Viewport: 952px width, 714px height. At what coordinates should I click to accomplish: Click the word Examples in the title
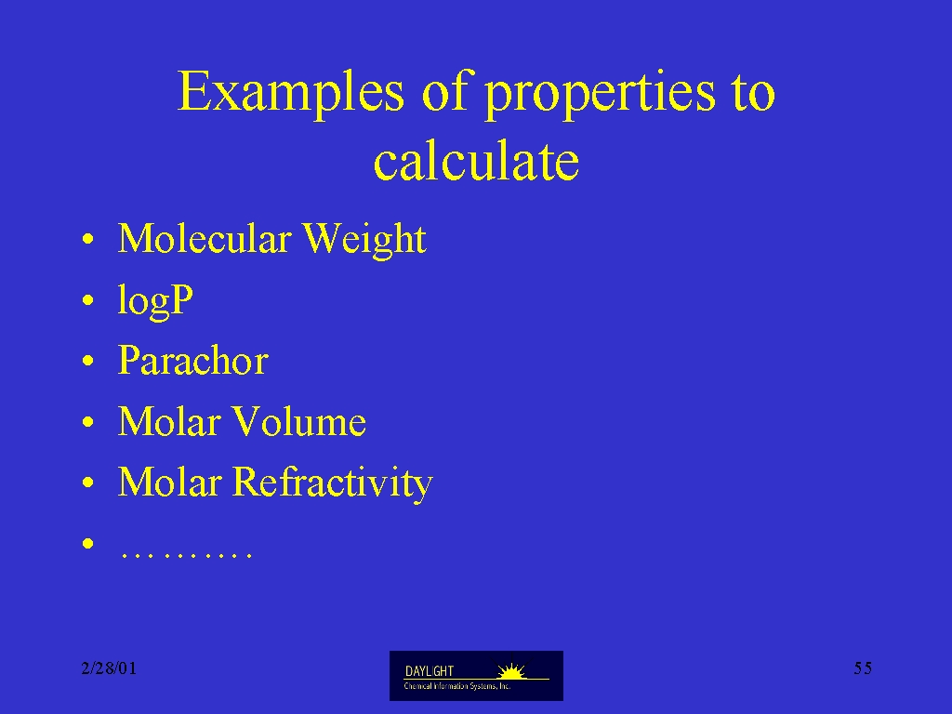tap(291, 92)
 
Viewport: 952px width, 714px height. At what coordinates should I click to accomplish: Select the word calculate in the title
tap(476, 161)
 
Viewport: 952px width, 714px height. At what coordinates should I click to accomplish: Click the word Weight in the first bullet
tap(364, 240)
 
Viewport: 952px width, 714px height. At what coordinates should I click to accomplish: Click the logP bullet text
tap(155, 301)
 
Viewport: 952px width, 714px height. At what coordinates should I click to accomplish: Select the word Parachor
tap(193, 360)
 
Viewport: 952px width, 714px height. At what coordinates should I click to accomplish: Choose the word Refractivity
tap(333, 483)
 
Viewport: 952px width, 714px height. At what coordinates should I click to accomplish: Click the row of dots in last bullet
tap(186, 554)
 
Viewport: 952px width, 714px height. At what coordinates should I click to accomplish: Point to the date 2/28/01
tap(109, 668)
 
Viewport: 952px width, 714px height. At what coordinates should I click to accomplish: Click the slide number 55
tap(863, 668)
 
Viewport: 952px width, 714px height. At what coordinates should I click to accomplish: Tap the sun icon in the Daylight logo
tap(511, 671)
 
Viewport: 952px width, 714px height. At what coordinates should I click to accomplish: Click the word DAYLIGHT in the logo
tap(430, 671)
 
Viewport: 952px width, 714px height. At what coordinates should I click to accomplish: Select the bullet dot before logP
tap(88, 300)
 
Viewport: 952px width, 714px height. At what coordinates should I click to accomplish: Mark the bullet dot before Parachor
tap(88, 361)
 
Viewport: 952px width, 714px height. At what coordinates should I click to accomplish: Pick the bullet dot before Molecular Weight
tap(88, 239)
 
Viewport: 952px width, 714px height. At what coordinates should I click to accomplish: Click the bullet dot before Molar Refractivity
tap(88, 483)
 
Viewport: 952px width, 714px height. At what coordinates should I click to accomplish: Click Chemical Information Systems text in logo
tap(457, 686)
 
